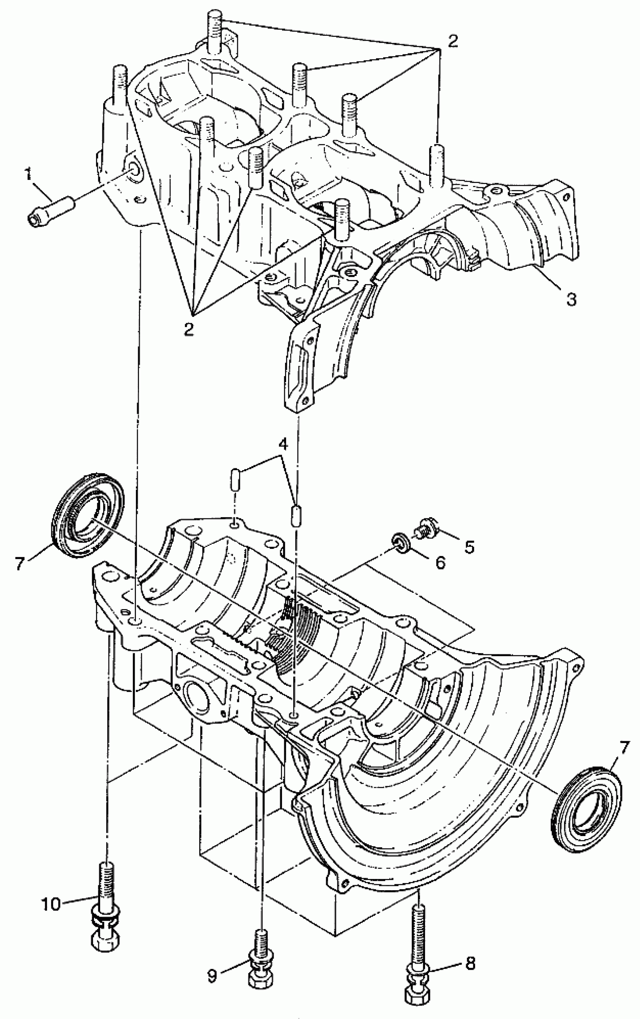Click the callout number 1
click(x=28, y=174)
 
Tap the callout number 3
click(x=571, y=300)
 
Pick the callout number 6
click(x=440, y=562)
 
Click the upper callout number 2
click(x=453, y=41)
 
